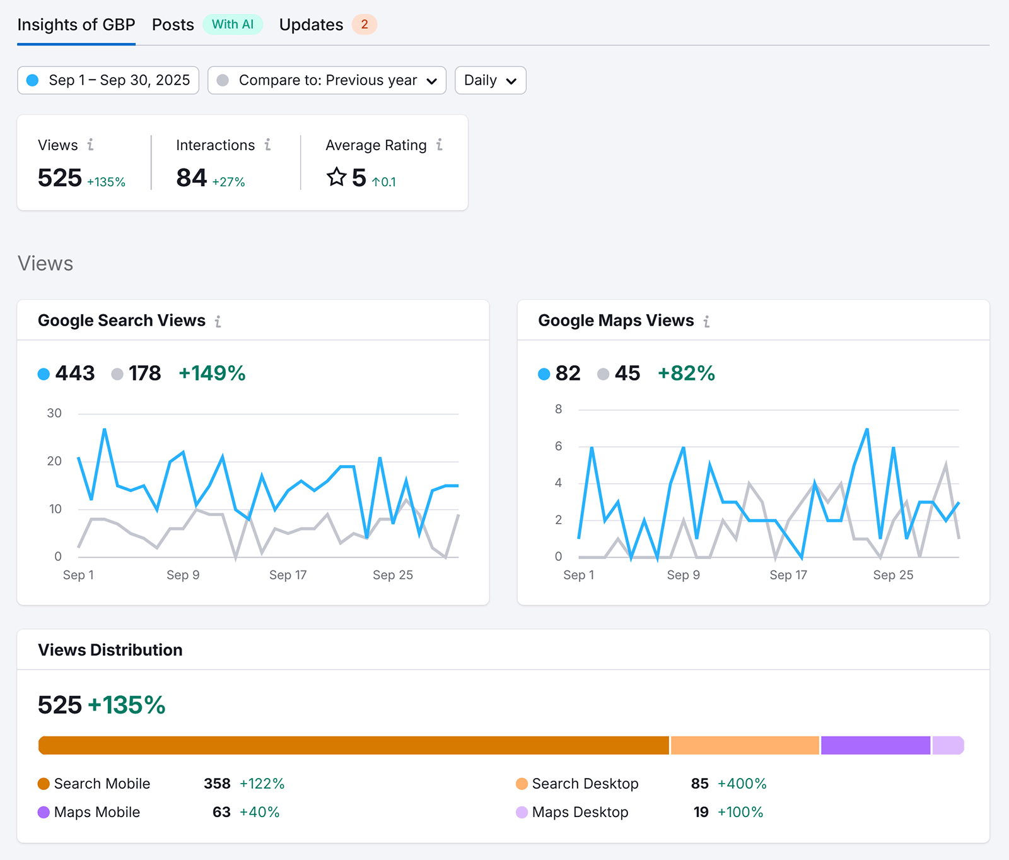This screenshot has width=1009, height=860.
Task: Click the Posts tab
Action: click(x=173, y=25)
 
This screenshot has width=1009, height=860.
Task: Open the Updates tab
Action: click(x=311, y=25)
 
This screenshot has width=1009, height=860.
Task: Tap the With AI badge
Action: click(x=233, y=25)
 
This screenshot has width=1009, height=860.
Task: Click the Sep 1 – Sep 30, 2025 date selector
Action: click(x=108, y=80)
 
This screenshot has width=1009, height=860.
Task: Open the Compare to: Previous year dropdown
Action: click(x=327, y=80)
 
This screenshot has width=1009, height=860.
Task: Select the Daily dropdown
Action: click(x=490, y=80)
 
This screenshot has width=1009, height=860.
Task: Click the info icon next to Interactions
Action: click(x=268, y=145)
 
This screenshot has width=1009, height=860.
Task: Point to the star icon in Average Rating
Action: click(x=337, y=177)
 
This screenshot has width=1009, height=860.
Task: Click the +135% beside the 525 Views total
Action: click(x=106, y=182)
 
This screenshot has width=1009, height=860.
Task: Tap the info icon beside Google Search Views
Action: click(x=218, y=322)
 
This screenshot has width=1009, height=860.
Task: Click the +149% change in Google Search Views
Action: click(x=212, y=373)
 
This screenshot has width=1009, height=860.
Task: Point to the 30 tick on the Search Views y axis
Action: click(x=54, y=413)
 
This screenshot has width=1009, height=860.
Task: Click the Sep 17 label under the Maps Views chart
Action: click(x=788, y=575)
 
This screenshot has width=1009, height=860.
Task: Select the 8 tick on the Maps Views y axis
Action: click(x=558, y=409)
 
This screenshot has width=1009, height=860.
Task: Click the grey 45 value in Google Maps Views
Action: click(x=627, y=373)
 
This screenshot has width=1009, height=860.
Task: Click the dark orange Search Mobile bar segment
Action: click(x=353, y=745)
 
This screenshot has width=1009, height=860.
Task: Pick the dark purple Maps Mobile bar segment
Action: click(x=875, y=745)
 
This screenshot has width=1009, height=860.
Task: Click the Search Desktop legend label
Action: click(x=585, y=784)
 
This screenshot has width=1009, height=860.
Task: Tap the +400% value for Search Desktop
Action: click(x=742, y=784)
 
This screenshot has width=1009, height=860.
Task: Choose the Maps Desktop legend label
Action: click(x=580, y=812)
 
